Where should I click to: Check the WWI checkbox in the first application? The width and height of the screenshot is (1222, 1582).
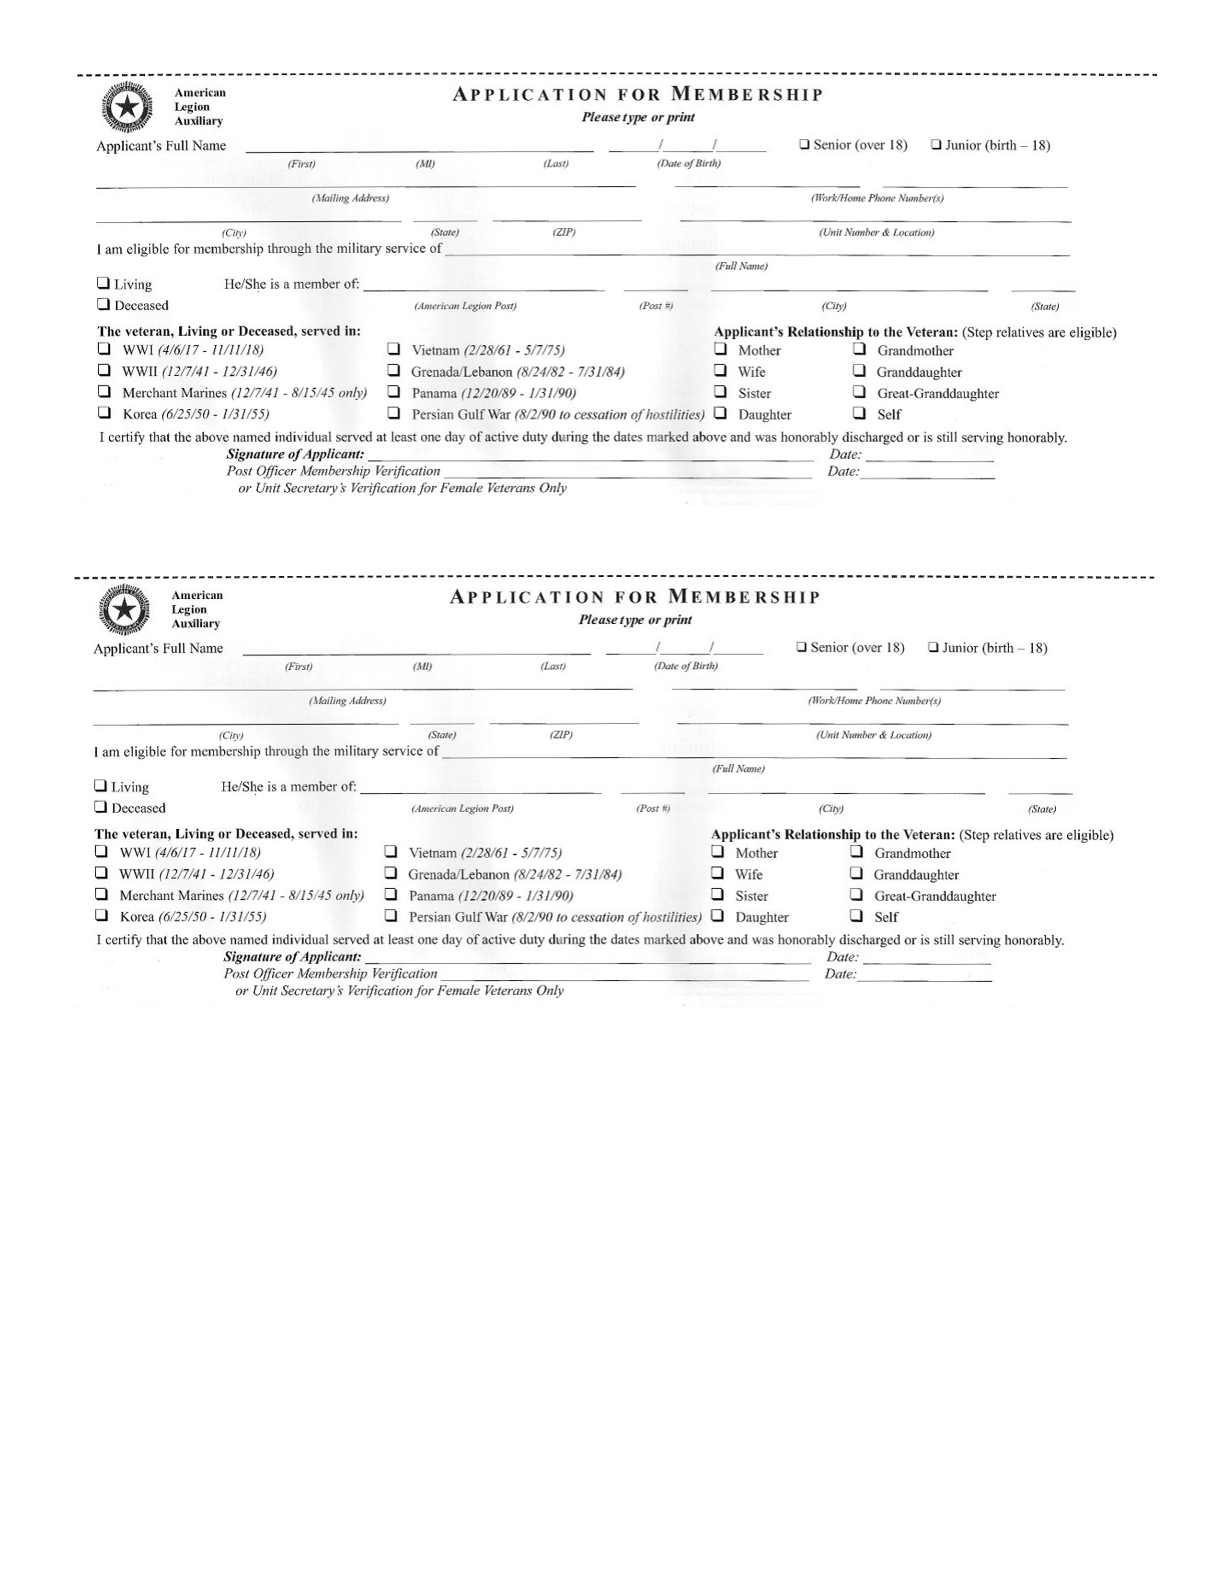[104, 349]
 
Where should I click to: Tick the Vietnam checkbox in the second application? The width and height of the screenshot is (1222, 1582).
[391, 852]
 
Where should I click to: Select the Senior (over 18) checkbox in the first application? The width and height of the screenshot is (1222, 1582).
[804, 144]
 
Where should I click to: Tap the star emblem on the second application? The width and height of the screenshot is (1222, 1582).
[125, 610]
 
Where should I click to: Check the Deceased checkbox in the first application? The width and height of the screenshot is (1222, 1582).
[104, 304]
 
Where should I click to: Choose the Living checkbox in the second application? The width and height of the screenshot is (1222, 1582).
[101, 786]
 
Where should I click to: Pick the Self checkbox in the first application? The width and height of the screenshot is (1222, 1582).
[859, 414]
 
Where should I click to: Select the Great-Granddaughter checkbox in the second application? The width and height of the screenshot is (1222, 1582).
[856, 895]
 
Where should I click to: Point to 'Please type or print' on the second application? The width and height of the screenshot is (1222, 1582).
[635, 620]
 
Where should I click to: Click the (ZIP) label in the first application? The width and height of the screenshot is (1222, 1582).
[564, 232]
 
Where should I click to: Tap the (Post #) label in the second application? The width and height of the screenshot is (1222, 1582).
[653, 808]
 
